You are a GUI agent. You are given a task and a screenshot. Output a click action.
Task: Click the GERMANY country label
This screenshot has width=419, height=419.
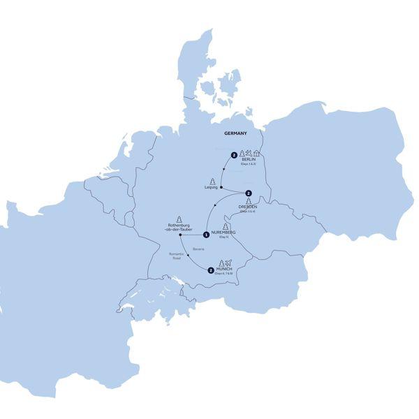(x=235, y=133)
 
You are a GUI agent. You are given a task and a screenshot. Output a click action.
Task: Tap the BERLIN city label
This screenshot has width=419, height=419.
(x=248, y=160)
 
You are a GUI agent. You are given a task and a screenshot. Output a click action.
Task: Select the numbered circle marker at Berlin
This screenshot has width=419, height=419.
(x=233, y=154)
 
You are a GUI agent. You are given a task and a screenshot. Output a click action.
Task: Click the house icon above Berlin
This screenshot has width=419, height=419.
(x=257, y=153)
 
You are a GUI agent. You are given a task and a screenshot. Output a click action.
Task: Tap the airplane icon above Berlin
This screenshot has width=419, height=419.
(x=249, y=153)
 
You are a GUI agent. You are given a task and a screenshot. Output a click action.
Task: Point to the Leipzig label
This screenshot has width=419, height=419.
(x=212, y=186)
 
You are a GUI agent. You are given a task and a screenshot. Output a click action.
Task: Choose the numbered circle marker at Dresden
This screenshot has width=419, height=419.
(x=248, y=193)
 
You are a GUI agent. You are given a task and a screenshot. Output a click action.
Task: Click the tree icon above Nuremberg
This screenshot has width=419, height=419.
(x=225, y=226)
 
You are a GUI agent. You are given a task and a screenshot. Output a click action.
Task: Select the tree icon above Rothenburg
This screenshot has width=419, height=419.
(x=179, y=217)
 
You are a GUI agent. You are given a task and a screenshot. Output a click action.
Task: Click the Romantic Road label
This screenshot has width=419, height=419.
(x=179, y=256)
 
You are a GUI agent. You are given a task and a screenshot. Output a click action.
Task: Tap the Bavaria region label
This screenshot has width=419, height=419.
(x=198, y=249)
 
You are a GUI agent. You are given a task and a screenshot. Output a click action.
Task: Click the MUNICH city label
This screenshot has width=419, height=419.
(x=225, y=268)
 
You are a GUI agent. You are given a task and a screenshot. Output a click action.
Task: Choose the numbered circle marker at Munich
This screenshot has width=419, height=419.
(x=210, y=269)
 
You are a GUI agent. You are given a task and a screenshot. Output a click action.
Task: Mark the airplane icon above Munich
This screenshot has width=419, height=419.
(x=228, y=262)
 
